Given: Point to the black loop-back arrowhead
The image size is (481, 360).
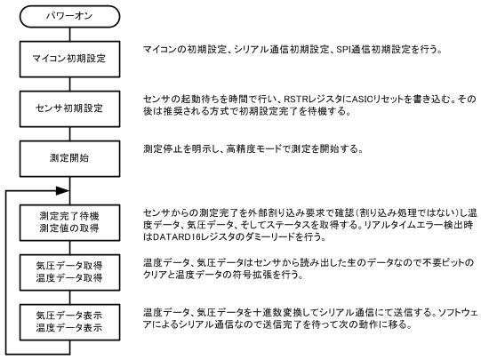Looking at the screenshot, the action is click(x=62, y=191).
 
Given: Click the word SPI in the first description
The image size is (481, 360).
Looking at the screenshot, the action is click(x=343, y=50).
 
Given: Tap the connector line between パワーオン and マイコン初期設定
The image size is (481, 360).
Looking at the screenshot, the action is click(x=69, y=35).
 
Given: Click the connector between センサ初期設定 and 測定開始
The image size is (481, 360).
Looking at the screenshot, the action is click(x=69, y=133).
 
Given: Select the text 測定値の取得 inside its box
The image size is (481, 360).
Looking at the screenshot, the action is click(x=69, y=228).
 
